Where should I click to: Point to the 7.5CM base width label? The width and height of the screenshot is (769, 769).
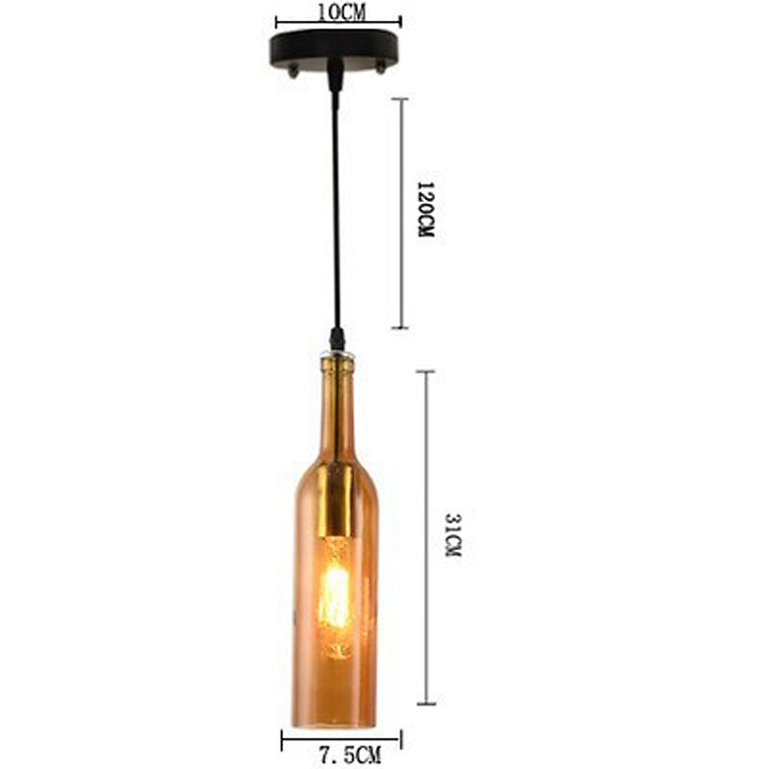341,757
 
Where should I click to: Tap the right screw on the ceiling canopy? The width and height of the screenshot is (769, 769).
381,67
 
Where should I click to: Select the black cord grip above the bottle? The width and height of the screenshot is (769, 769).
336,338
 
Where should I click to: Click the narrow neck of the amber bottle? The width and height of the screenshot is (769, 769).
336,404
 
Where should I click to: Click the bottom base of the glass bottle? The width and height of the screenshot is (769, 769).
335,721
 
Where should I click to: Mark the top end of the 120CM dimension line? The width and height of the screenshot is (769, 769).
401,98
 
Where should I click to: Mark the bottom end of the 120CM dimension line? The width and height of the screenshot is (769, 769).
401,328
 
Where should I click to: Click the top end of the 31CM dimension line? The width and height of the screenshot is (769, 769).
427,371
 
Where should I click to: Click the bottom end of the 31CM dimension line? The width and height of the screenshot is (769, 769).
427,704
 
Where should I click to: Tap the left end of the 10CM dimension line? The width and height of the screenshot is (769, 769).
277,20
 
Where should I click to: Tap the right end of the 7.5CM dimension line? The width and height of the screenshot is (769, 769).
400,739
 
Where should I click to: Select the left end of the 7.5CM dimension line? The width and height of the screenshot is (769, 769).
283,739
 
